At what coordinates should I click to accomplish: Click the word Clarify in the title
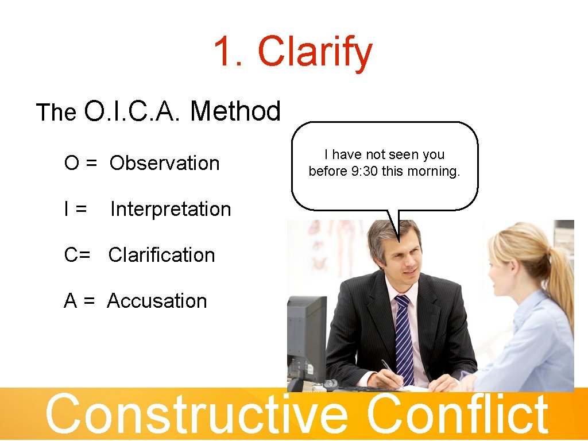click(315, 52)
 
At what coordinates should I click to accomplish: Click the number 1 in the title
click(226, 51)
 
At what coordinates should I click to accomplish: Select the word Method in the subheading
click(235, 111)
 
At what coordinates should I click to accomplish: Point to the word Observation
click(165, 163)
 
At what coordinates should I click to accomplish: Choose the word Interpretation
click(171, 209)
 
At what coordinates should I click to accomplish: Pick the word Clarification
click(161, 255)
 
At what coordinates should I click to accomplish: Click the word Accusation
click(157, 301)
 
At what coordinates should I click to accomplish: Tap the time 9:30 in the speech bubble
click(365, 172)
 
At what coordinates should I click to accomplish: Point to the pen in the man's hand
click(388, 367)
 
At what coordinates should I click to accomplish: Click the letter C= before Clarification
click(77, 255)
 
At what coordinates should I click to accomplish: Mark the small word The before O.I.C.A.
click(56, 113)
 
